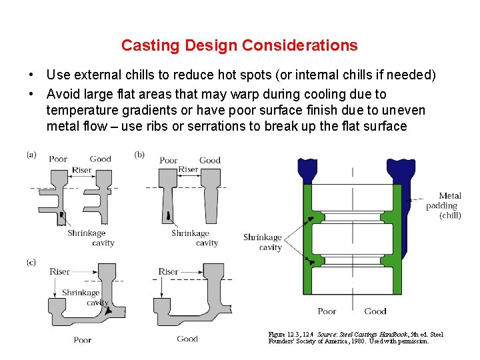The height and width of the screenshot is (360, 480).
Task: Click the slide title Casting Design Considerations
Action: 239,45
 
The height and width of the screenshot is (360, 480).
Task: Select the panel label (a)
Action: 31,155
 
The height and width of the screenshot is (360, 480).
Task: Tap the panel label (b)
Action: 139,155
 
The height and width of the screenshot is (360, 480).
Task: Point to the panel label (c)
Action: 31,262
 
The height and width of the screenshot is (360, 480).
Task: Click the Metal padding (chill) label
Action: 444,205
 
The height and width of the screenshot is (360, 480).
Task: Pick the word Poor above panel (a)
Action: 58,159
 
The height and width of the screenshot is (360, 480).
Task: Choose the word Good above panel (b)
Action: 210,160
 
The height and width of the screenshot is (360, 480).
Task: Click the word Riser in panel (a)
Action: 82,170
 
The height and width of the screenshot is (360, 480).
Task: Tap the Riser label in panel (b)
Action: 188,169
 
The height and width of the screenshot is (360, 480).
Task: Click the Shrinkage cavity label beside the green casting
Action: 263,242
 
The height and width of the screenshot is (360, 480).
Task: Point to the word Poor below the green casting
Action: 327,311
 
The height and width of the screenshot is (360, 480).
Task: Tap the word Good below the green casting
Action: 375,311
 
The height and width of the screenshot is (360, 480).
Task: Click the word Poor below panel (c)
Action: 83,339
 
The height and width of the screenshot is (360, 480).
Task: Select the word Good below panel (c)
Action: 187,339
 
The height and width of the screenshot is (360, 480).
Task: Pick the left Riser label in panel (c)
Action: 59,271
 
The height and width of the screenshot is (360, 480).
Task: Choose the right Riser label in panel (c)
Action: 168,271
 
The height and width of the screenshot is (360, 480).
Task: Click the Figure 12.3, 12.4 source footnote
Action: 355,337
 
